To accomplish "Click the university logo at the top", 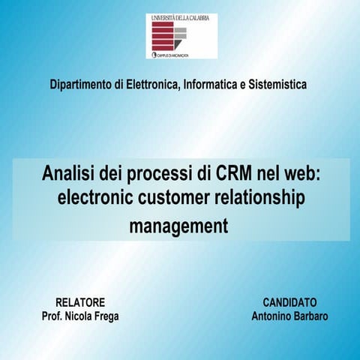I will point(181,36).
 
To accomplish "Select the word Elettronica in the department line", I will point(151,85).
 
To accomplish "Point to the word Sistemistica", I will point(278,85).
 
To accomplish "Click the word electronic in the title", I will point(94,198).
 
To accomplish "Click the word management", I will point(178,225).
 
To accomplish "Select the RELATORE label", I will point(80,301).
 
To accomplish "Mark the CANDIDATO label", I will point(289,301).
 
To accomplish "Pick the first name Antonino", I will point(271,316).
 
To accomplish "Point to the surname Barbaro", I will point(310,316).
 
